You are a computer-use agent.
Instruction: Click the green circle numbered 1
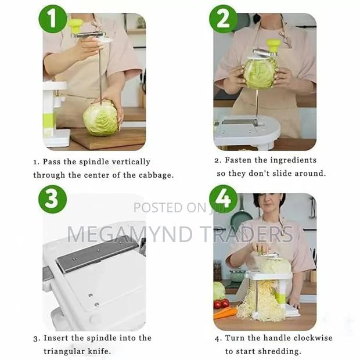pyautogui.click(x=53, y=19)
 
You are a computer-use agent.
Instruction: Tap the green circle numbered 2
pyautogui.click(x=223, y=19)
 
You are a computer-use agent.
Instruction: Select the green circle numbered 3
pyautogui.click(x=53, y=199)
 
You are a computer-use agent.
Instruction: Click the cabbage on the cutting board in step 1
pyautogui.click(x=100, y=118)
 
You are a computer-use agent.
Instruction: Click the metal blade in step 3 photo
pyautogui.click(x=96, y=256)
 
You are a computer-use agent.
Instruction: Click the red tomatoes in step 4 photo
pyautogui.click(x=221, y=304)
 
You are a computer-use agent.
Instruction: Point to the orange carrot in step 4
pyautogui.click(x=225, y=313)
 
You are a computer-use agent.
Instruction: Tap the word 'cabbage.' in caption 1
pyautogui.click(x=154, y=175)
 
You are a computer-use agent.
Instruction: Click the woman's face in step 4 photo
pyautogui.click(x=265, y=208)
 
